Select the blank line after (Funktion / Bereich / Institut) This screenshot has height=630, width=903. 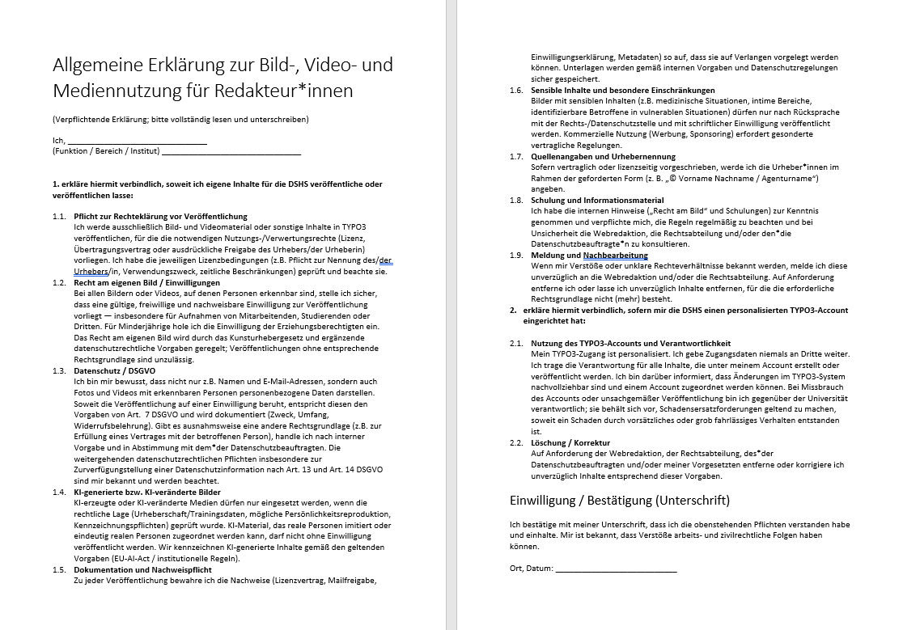[231, 152]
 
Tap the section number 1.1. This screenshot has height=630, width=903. [59, 217]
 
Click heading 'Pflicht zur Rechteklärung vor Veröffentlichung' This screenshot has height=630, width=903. [160, 217]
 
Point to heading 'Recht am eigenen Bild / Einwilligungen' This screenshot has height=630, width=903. [146, 282]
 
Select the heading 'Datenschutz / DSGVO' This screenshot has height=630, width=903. [112, 370]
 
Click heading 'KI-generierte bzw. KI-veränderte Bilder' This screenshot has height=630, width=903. [146, 492]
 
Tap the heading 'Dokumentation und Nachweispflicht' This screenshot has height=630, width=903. [142, 569]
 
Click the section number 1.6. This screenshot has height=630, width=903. [516, 91]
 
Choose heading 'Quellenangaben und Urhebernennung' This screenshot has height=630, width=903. [603, 156]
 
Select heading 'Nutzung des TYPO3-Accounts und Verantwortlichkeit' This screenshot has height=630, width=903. [630, 344]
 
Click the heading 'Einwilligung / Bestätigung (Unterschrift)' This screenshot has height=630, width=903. [620, 499]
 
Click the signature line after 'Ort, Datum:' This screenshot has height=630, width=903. [617, 569]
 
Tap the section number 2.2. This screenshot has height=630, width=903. [516, 443]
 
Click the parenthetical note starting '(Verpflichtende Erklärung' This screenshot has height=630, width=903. [180, 120]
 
